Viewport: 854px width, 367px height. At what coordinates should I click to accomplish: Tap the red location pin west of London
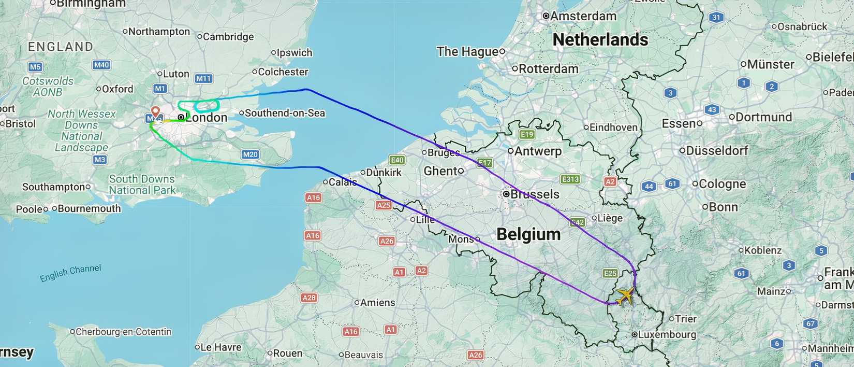pos(155,111)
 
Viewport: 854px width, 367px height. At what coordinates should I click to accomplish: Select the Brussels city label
pos(534,194)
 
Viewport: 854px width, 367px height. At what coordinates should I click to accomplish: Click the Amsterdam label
pos(583,16)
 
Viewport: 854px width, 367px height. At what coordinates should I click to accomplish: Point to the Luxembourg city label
pos(667,334)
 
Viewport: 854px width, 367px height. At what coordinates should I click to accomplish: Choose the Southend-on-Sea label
pos(285,113)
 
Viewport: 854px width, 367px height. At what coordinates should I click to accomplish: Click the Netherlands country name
pos(600,39)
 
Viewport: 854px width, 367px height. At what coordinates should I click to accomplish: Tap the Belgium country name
pos(528,234)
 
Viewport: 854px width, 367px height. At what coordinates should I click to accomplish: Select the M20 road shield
pos(251,154)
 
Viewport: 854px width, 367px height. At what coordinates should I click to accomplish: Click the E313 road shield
pos(570,179)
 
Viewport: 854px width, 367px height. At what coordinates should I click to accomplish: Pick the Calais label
pos(342,182)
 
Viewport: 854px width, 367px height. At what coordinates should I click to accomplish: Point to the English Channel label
pos(70,273)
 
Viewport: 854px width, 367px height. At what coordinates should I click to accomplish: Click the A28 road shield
pos(309,298)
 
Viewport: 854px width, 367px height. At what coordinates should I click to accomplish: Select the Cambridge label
pos(228,37)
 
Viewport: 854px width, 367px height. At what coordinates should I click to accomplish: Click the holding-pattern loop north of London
pos(207,106)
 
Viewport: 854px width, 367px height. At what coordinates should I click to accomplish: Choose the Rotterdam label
pos(548,69)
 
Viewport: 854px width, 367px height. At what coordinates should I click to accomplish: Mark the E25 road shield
pos(610,273)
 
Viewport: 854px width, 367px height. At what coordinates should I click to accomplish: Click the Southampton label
pos(53,187)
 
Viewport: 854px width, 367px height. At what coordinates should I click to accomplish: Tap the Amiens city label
pos(377,303)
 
